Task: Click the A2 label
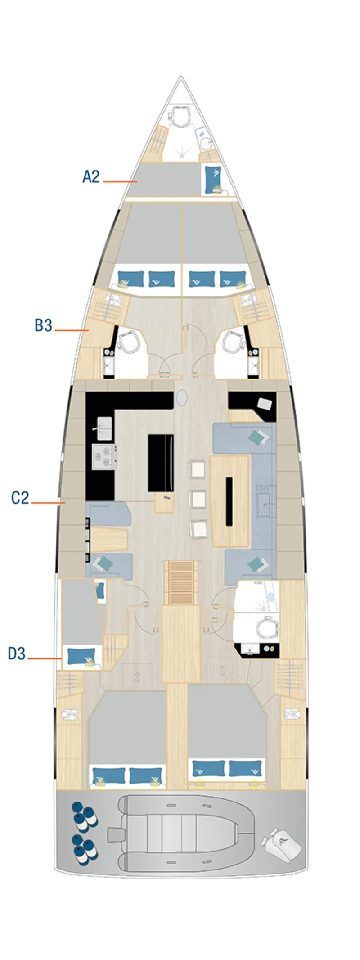point(91,176)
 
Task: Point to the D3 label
point(17,653)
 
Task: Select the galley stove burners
point(104,457)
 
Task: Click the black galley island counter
point(161,463)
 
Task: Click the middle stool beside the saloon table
point(198,499)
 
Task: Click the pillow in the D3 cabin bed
point(81,655)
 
